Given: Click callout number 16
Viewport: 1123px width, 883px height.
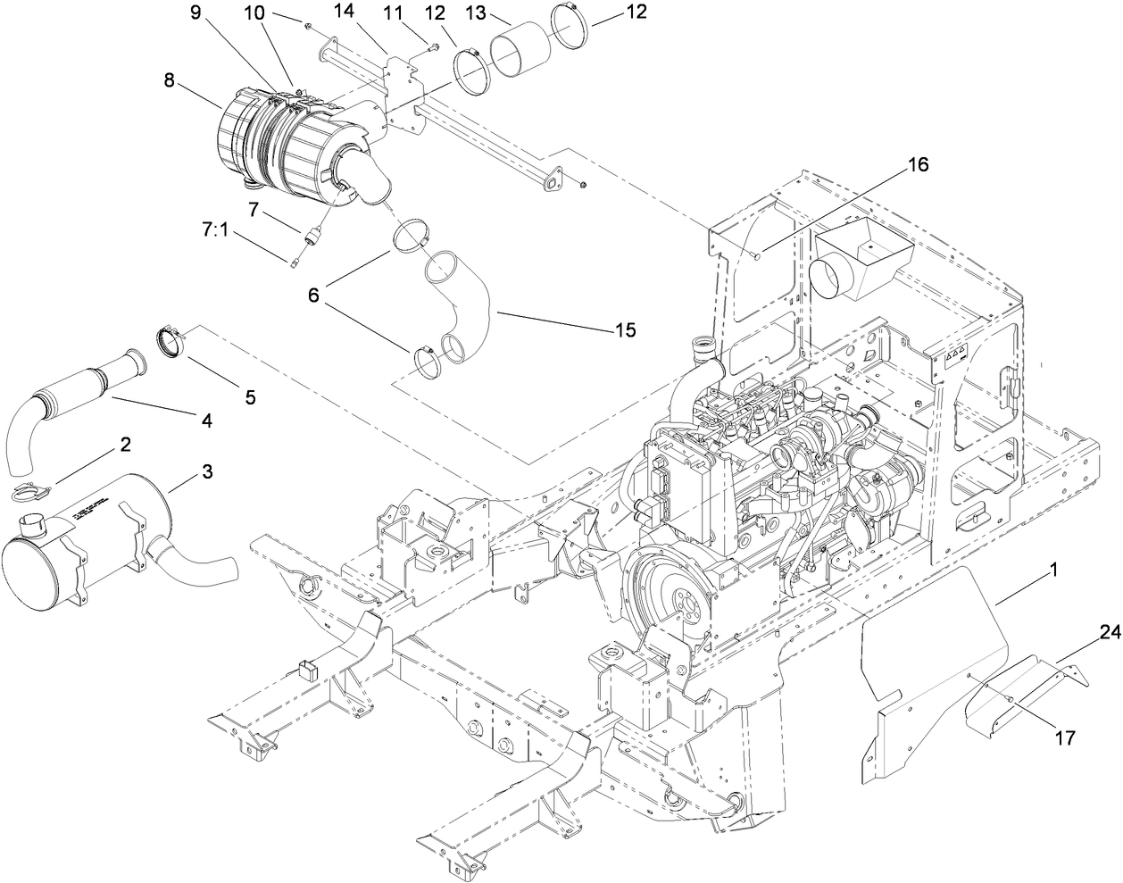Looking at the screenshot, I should point(919,165).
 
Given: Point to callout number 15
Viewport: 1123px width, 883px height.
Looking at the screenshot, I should point(624,330).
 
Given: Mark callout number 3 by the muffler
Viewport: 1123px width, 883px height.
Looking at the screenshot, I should point(206,472).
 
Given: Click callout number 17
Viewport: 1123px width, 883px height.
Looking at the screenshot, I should point(1065,737).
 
